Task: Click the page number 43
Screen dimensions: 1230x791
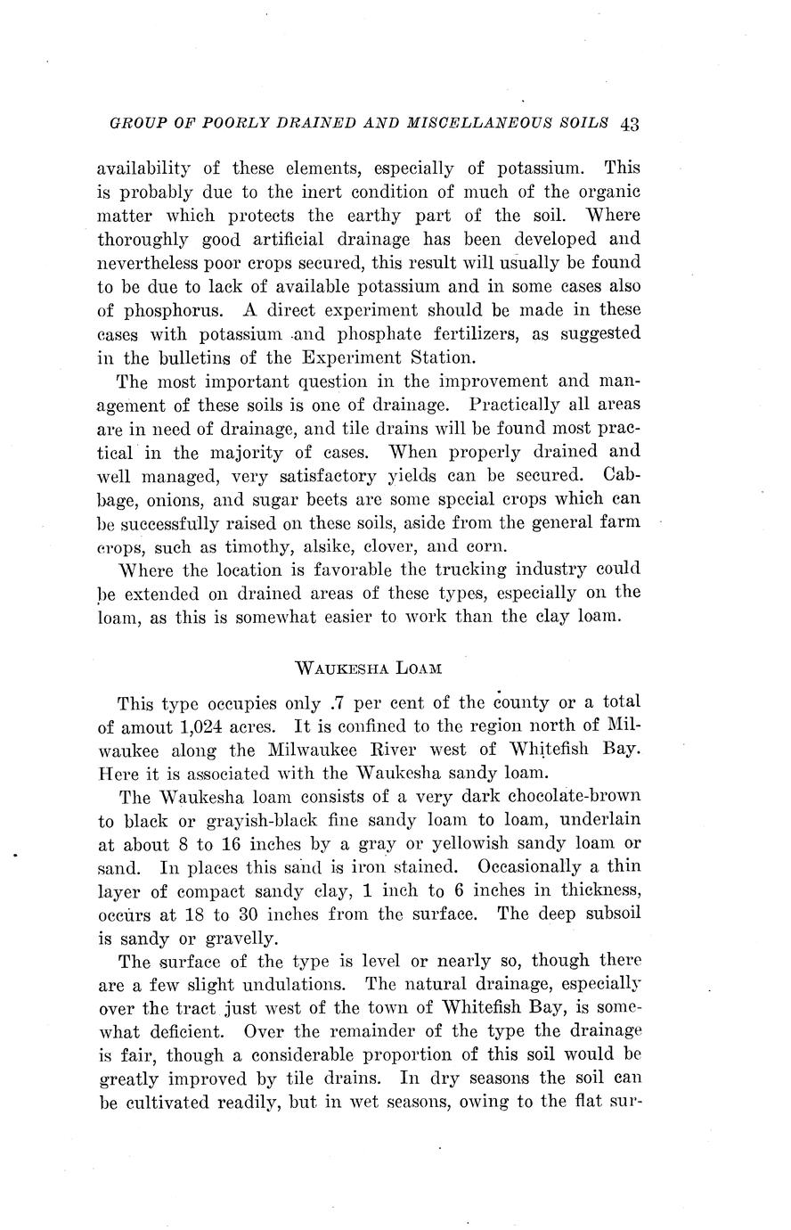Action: pyautogui.click(x=630, y=124)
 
